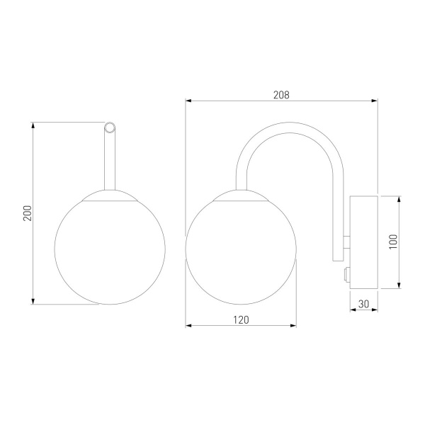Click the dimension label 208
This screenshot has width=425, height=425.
click(281, 95)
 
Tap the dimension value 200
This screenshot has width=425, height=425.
click(28, 213)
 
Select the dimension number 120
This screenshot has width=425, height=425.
click(241, 320)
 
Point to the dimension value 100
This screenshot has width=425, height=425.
click(393, 242)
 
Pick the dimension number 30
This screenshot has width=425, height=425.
click(364, 304)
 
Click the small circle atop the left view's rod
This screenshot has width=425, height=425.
click(110, 127)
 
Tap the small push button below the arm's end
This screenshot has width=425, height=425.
click(346, 274)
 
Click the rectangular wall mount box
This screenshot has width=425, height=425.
click(364, 242)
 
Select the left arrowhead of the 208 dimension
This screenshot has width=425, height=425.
click(188, 101)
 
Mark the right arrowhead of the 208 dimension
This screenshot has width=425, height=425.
click(374, 101)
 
